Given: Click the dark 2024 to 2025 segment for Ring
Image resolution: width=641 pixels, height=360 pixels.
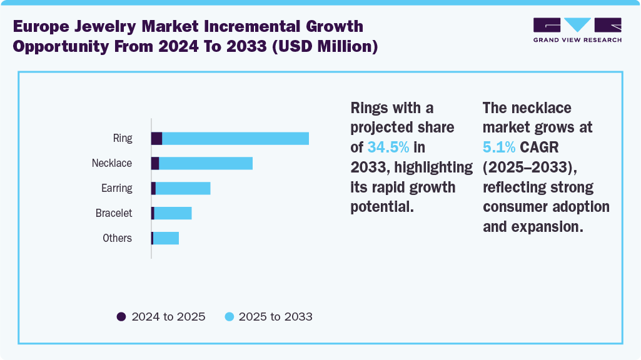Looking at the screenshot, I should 157,139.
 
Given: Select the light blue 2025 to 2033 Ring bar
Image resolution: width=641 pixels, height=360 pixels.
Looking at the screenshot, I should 236,139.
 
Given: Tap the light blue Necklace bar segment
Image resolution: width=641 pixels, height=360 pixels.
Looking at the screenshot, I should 206,163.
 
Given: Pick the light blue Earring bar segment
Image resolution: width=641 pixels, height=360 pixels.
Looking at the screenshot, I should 183,188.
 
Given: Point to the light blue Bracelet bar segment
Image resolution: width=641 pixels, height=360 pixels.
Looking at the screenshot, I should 173,213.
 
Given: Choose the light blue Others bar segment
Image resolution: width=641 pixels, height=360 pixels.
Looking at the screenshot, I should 166,238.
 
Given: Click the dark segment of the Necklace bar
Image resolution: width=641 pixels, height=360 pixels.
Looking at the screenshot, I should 155,163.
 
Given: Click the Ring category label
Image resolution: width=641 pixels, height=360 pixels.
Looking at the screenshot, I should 123,138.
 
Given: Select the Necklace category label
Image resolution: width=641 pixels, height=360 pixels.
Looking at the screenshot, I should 112,163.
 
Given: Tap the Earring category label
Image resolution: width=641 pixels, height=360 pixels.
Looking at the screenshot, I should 117,188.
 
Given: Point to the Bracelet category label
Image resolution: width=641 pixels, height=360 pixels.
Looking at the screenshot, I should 114,213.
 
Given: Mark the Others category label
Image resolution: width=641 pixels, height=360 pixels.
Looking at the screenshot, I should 118,238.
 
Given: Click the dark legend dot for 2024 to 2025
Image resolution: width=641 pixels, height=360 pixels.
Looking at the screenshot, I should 121,317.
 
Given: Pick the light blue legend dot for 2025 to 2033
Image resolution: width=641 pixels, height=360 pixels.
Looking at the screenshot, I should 229,317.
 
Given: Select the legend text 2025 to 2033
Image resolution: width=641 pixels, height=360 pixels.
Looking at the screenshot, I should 276,317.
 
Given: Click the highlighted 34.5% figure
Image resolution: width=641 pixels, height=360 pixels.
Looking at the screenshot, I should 388,147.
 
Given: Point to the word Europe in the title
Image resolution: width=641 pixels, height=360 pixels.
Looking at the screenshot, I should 44,27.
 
